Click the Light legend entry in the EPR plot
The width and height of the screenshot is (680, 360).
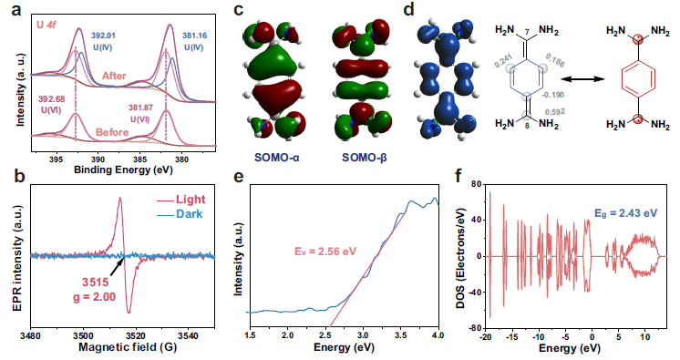click(x=180, y=200)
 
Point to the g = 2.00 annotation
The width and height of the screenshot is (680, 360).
click(x=94, y=297)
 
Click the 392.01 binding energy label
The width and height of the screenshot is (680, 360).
click(x=103, y=36)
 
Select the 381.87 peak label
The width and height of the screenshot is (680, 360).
click(x=140, y=108)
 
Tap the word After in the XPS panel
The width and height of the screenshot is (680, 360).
click(x=114, y=76)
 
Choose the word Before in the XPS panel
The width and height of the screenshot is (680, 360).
click(x=112, y=132)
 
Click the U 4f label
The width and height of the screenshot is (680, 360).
click(x=46, y=26)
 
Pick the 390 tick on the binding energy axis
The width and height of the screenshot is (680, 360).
click(x=98, y=159)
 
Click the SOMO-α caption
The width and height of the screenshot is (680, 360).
click(x=277, y=158)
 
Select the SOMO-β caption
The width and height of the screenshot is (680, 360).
click(x=365, y=158)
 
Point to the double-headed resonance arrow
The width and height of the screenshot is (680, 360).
click(x=582, y=79)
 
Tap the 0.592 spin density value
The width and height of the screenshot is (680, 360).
click(x=555, y=111)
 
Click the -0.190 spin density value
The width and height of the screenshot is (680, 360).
click(x=553, y=95)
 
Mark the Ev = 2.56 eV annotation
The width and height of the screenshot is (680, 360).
click(x=325, y=252)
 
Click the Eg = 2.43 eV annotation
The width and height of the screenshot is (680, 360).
click(x=626, y=213)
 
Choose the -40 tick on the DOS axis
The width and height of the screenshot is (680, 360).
click(x=476, y=292)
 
